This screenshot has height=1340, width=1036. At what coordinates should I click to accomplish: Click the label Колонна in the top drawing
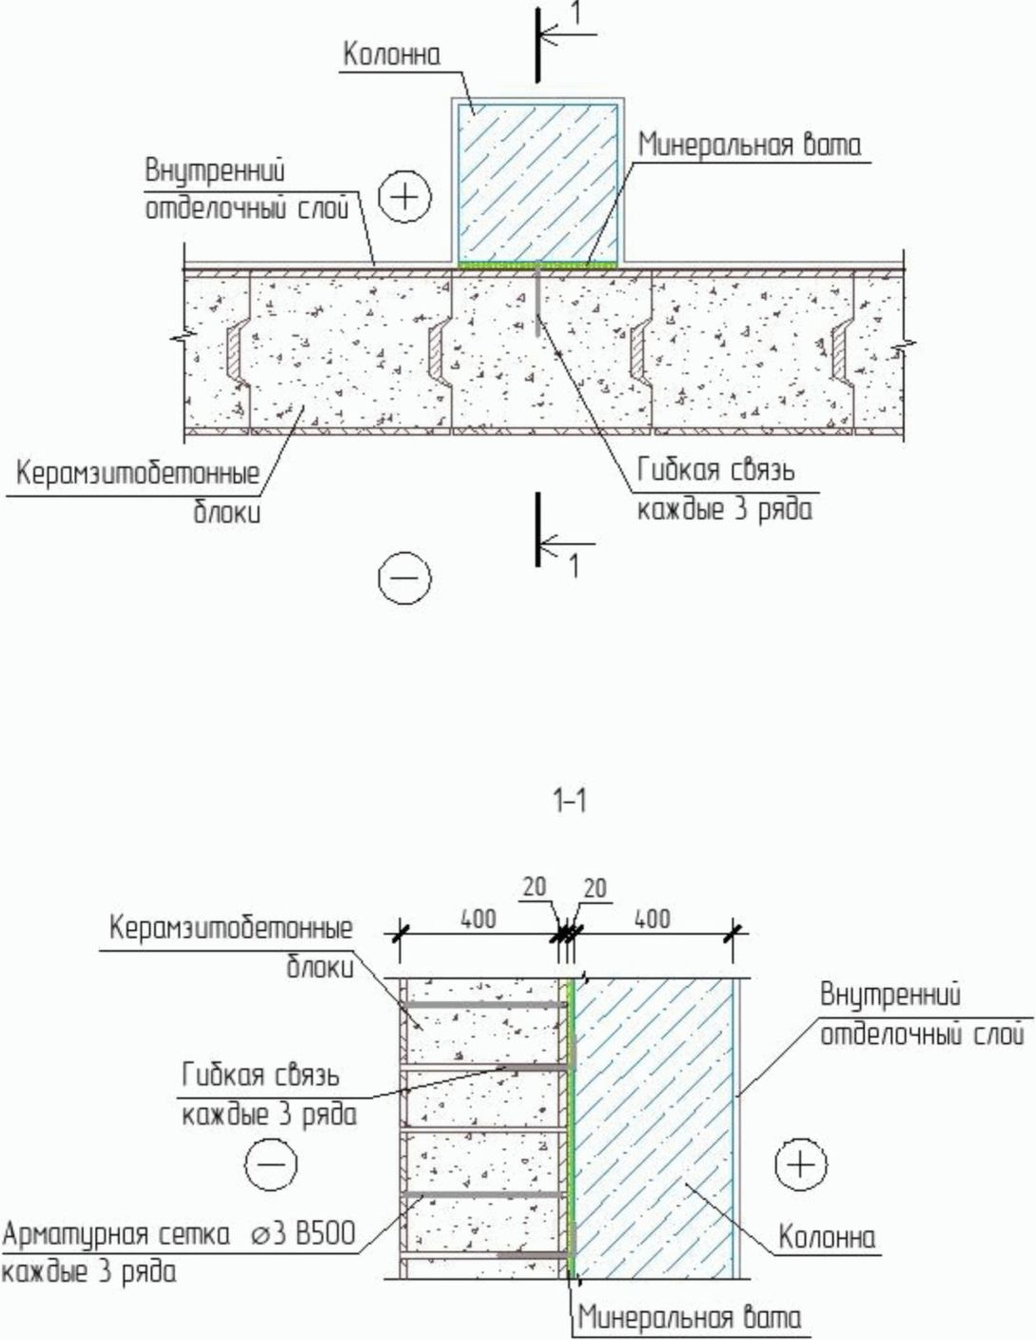(x=392, y=55)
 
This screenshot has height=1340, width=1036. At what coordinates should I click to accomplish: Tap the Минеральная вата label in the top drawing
(x=750, y=146)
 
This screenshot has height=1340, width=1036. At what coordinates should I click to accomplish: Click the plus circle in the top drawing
(x=405, y=197)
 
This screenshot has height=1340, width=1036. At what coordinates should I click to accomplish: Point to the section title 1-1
(x=570, y=802)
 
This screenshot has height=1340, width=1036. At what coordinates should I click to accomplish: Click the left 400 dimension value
(x=479, y=919)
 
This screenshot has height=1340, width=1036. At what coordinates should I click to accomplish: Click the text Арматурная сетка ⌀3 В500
(x=179, y=1235)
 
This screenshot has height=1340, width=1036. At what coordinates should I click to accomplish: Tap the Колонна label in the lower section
(x=827, y=1238)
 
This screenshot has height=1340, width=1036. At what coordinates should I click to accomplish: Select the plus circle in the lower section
(x=801, y=1164)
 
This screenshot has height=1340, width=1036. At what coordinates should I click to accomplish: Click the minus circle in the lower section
(x=271, y=1164)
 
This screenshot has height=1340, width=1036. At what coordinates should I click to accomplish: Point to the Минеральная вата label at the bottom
(x=690, y=1318)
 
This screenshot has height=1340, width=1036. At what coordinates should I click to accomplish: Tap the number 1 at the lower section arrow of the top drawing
(x=573, y=567)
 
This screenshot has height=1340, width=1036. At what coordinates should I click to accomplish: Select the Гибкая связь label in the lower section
(x=261, y=1075)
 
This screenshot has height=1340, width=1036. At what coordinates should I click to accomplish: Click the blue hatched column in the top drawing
(x=538, y=181)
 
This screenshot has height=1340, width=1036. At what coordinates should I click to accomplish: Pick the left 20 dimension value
(x=535, y=887)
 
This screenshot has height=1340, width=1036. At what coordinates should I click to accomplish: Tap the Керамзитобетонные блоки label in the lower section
(x=231, y=928)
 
